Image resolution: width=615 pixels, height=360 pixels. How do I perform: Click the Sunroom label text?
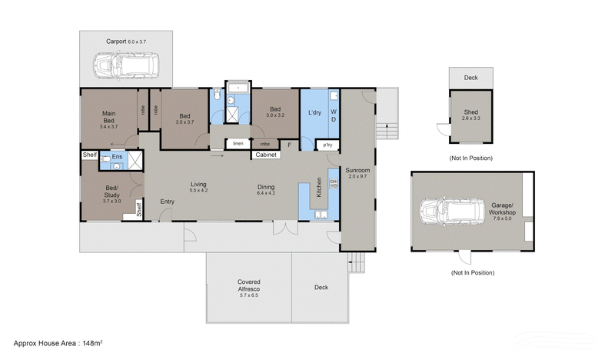click(x=357, y=169)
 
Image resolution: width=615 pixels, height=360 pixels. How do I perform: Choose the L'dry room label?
click(x=314, y=113)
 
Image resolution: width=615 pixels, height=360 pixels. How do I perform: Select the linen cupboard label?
click(x=238, y=143)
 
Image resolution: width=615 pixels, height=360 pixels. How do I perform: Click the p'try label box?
click(x=327, y=145)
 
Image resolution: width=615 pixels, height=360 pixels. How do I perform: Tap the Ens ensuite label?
click(x=117, y=157)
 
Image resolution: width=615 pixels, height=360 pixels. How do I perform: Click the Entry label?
click(x=167, y=202)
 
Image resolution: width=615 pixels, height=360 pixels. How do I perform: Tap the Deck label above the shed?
click(x=470, y=78)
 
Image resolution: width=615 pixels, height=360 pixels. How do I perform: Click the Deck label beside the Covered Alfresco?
click(x=321, y=287)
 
